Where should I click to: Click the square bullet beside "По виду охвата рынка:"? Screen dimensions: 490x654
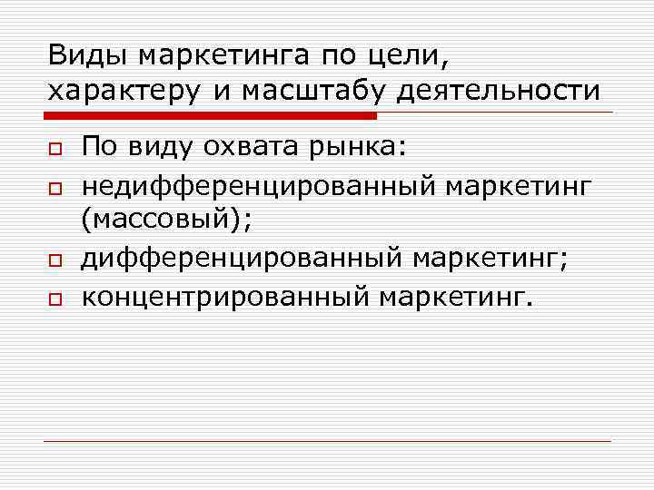(54, 148)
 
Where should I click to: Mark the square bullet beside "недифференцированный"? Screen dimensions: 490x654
(54, 187)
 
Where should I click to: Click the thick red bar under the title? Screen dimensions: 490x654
(210, 116)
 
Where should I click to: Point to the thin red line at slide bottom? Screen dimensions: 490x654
(327, 442)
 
